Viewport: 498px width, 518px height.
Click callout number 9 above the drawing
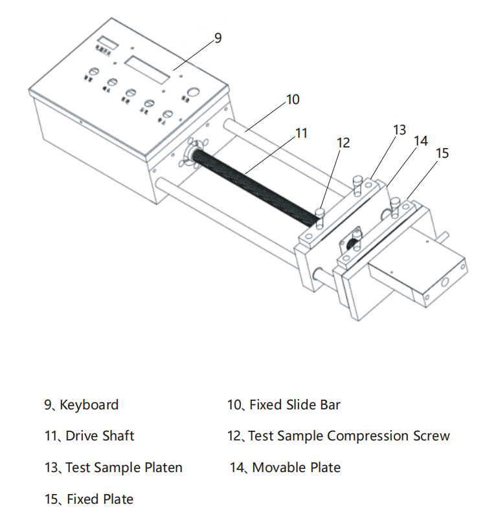click(x=218, y=38)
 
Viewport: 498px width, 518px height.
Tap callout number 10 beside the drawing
click(x=293, y=100)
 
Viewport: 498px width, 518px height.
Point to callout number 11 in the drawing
click(x=301, y=133)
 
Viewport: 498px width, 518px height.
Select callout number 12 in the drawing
click(x=343, y=143)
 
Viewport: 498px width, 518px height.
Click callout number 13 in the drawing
click(x=400, y=130)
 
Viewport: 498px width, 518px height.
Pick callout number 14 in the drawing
click(x=421, y=141)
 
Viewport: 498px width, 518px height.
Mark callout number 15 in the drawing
click(x=442, y=153)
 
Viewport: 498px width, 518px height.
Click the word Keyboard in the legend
click(x=89, y=405)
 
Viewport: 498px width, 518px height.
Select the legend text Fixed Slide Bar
click(x=295, y=405)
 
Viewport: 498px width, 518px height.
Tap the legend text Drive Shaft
click(x=100, y=436)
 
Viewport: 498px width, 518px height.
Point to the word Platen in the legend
click(x=162, y=467)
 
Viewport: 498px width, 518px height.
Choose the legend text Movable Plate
click(x=296, y=467)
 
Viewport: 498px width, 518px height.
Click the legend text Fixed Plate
click(x=100, y=499)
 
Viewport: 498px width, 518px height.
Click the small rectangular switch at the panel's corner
click(x=108, y=43)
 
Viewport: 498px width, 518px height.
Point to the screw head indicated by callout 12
click(x=319, y=211)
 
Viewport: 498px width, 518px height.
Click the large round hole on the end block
click(x=446, y=282)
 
